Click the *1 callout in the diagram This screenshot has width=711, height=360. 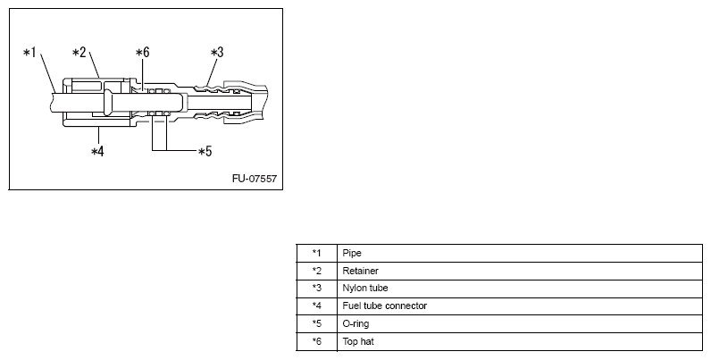pos(29,54)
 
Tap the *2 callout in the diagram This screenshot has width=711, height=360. pos(79,53)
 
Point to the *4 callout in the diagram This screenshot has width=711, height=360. pos(98,151)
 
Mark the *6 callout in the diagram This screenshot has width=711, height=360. pos(142,54)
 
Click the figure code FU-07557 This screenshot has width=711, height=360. pos(255,178)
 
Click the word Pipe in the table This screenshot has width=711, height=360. pos(351,253)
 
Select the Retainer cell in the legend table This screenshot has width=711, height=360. pos(358,271)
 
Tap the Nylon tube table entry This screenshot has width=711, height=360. pos(364,289)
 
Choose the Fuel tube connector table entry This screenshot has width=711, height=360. pos(384,306)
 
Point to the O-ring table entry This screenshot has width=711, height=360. pos(356,324)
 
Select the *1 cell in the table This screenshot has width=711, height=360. pos(316,253)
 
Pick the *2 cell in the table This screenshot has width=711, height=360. pos(316,271)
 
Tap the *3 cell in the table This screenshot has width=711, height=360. pos(316,289)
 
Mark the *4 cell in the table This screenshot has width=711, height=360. pos(316,306)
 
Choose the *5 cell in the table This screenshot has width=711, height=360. pos(316,324)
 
